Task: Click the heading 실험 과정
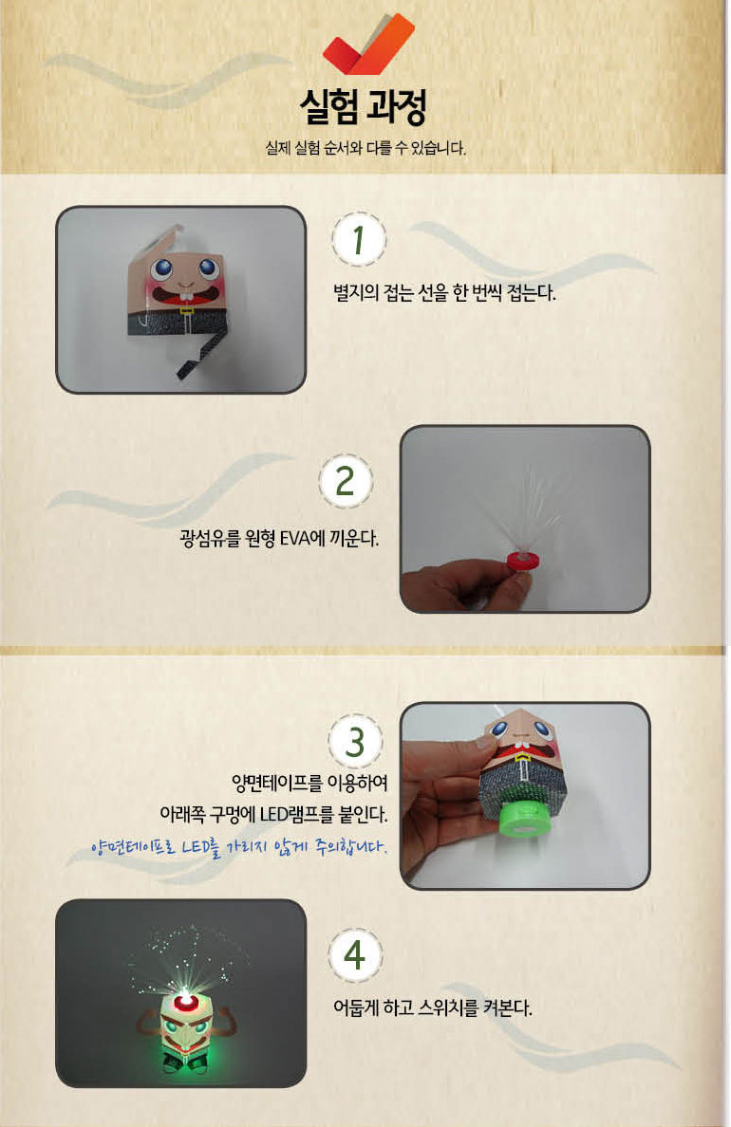pyautogui.click(x=364, y=108)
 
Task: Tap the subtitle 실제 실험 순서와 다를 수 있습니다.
pyautogui.click(x=365, y=149)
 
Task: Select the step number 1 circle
pyautogui.click(x=358, y=239)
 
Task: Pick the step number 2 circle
pyautogui.click(x=346, y=482)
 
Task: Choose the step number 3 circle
pyautogui.click(x=355, y=742)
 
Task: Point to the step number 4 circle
pyautogui.click(x=355, y=956)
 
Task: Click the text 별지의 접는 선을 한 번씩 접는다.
pyautogui.click(x=444, y=293)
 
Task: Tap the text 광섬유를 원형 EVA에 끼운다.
pyautogui.click(x=279, y=538)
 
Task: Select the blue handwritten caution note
pyautogui.click(x=239, y=847)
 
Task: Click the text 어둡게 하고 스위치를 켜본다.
pyautogui.click(x=432, y=1008)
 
